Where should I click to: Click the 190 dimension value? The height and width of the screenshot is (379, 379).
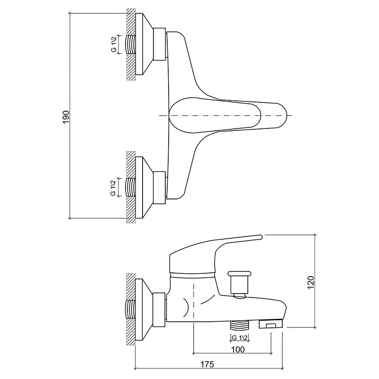[x=66, y=117]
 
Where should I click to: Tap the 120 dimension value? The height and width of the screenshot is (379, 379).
[x=311, y=282]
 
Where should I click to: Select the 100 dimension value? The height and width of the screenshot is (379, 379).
[x=238, y=350]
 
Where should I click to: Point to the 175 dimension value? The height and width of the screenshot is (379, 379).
[x=208, y=364]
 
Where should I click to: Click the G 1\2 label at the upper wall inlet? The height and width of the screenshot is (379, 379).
[x=114, y=44]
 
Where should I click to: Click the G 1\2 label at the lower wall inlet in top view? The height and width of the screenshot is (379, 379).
[x=113, y=188]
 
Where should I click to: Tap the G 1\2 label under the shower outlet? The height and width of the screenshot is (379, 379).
[x=239, y=338]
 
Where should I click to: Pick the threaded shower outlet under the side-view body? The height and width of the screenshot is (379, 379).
[x=239, y=325]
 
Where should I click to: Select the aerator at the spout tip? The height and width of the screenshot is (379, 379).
[x=271, y=324]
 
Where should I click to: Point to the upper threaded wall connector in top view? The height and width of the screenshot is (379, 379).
[x=131, y=45]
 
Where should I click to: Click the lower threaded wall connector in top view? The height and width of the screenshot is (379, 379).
[x=131, y=187]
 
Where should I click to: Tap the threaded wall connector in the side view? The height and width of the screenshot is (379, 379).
[x=131, y=310]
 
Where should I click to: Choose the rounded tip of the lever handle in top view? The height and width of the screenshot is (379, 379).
[x=283, y=116]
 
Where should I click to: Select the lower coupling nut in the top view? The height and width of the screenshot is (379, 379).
[x=160, y=188]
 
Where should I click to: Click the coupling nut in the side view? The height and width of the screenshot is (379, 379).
[x=160, y=310]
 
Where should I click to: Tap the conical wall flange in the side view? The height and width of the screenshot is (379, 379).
[x=144, y=310]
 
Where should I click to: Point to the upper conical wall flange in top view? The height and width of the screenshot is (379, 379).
[x=144, y=44]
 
